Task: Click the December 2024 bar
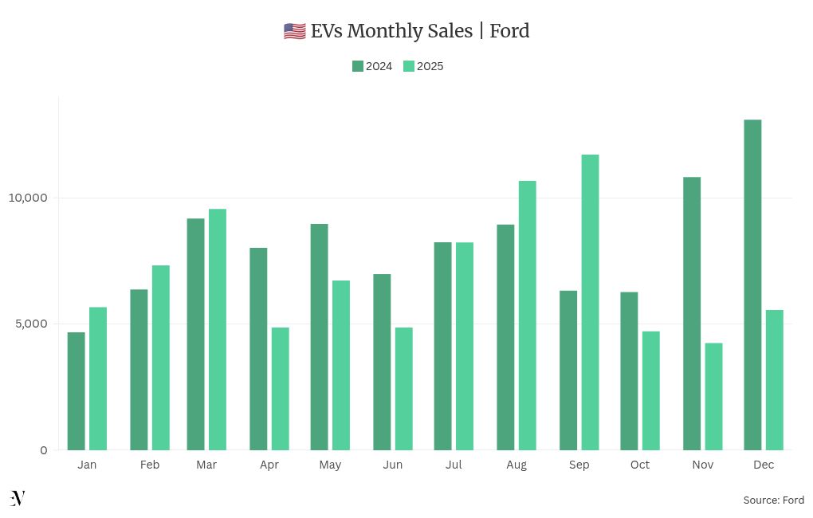click(752, 285)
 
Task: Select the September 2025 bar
click(590, 302)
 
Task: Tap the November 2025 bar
click(713, 396)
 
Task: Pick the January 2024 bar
click(77, 390)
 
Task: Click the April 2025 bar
click(280, 388)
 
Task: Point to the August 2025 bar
click(527, 315)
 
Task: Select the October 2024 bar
click(629, 371)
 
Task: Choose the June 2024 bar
click(382, 362)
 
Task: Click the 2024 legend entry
click(372, 66)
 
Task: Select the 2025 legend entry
click(423, 66)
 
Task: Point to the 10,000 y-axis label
click(28, 198)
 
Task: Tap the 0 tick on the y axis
click(43, 450)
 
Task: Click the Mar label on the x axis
click(206, 465)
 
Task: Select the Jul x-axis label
click(454, 465)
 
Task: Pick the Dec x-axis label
click(764, 465)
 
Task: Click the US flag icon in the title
click(294, 31)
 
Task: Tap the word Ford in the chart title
click(509, 31)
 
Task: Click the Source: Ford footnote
click(773, 500)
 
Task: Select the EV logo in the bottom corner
click(18, 498)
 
